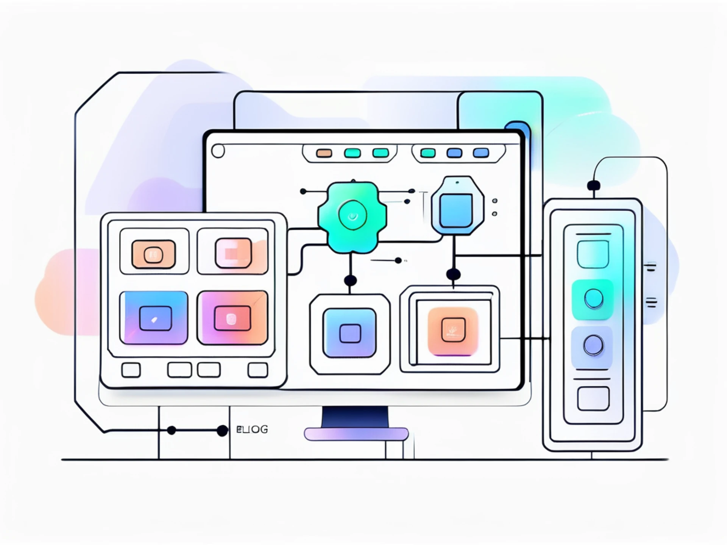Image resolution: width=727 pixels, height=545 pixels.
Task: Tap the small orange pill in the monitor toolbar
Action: pyautogui.click(x=324, y=153)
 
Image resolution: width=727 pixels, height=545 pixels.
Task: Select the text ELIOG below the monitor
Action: pyautogui.click(x=252, y=430)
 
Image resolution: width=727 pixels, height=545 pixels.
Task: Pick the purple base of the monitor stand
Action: pyautogui.click(x=356, y=434)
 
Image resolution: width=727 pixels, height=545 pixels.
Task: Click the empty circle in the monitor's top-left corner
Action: pyautogui.click(x=218, y=151)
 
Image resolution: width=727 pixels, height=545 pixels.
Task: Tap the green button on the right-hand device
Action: pyautogui.click(x=593, y=299)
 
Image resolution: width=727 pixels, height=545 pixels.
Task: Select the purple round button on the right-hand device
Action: pyautogui.click(x=593, y=345)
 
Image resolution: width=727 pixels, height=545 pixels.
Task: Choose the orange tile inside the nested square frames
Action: pyautogui.click(x=453, y=332)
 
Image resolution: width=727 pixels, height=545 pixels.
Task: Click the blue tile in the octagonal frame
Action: pyautogui.click(x=350, y=333)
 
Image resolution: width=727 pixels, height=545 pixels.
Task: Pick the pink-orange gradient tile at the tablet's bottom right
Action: pyautogui.click(x=232, y=318)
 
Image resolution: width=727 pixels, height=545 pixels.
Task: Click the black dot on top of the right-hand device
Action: pyautogui.click(x=593, y=186)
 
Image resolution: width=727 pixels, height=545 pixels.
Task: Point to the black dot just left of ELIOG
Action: pyautogui.click(x=222, y=430)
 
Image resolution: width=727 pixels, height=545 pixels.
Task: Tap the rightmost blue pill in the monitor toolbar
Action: pyautogui.click(x=481, y=153)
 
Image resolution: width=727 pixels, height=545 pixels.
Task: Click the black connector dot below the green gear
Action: pyautogui.click(x=350, y=280)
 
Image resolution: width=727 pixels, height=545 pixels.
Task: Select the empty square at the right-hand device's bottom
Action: pyautogui.click(x=593, y=399)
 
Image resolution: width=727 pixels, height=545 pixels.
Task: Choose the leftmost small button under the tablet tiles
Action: pyautogui.click(x=131, y=370)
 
